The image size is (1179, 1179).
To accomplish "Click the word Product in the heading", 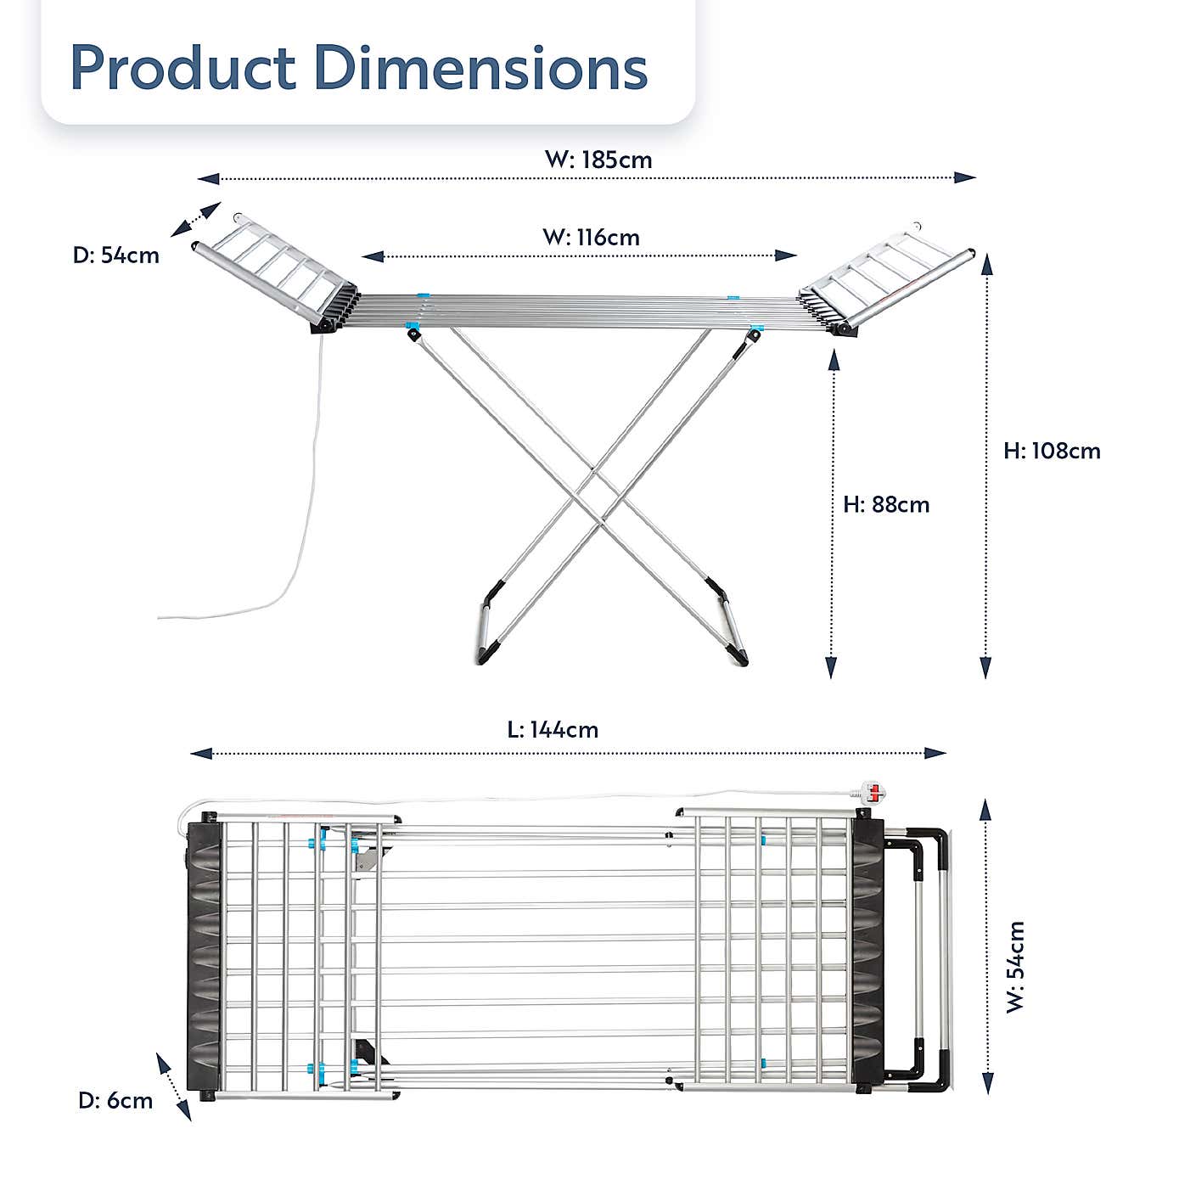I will [x=182, y=67].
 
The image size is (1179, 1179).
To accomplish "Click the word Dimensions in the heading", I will [x=480, y=67].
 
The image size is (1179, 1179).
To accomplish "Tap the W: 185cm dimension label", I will [x=598, y=160].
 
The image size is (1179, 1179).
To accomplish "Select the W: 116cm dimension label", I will [x=591, y=237].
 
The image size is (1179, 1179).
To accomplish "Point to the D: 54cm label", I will [x=115, y=255].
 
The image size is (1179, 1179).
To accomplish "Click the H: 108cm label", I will [x=1052, y=451].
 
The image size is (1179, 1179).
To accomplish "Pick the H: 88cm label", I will [x=886, y=504].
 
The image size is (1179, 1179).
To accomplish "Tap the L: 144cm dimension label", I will [x=553, y=729].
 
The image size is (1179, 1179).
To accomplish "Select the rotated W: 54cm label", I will [x=1016, y=967].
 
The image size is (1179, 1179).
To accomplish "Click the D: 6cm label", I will [x=115, y=1101].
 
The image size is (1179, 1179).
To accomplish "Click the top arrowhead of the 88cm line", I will [x=834, y=361].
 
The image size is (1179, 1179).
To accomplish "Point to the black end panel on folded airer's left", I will [x=204, y=955].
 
